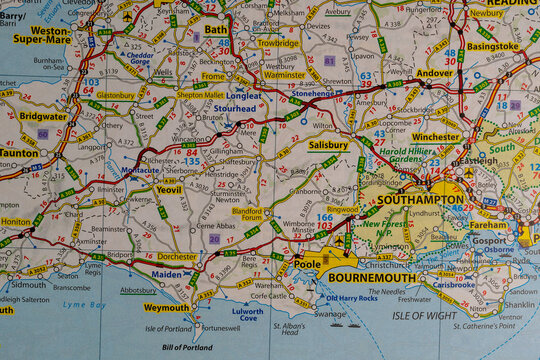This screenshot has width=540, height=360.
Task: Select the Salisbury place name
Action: [x=328, y=145]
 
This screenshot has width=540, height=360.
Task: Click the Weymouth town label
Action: [x=166, y=308]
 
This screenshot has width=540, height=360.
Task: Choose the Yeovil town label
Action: [x=169, y=189]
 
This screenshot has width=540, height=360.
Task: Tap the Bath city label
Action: [x=216, y=30]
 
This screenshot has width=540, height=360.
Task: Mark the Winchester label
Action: [x=436, y=137]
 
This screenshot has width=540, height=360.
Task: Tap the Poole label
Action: [x=307, y=264]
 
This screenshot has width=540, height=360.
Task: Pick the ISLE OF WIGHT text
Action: [x=423, y=315]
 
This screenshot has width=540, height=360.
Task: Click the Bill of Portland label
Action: [x=186, y=347]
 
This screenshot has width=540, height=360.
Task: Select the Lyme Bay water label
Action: [x=85, y=304]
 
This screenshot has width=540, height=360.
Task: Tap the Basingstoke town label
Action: [x=493, y=46]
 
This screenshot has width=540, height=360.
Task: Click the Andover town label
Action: [x=434, y=73]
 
